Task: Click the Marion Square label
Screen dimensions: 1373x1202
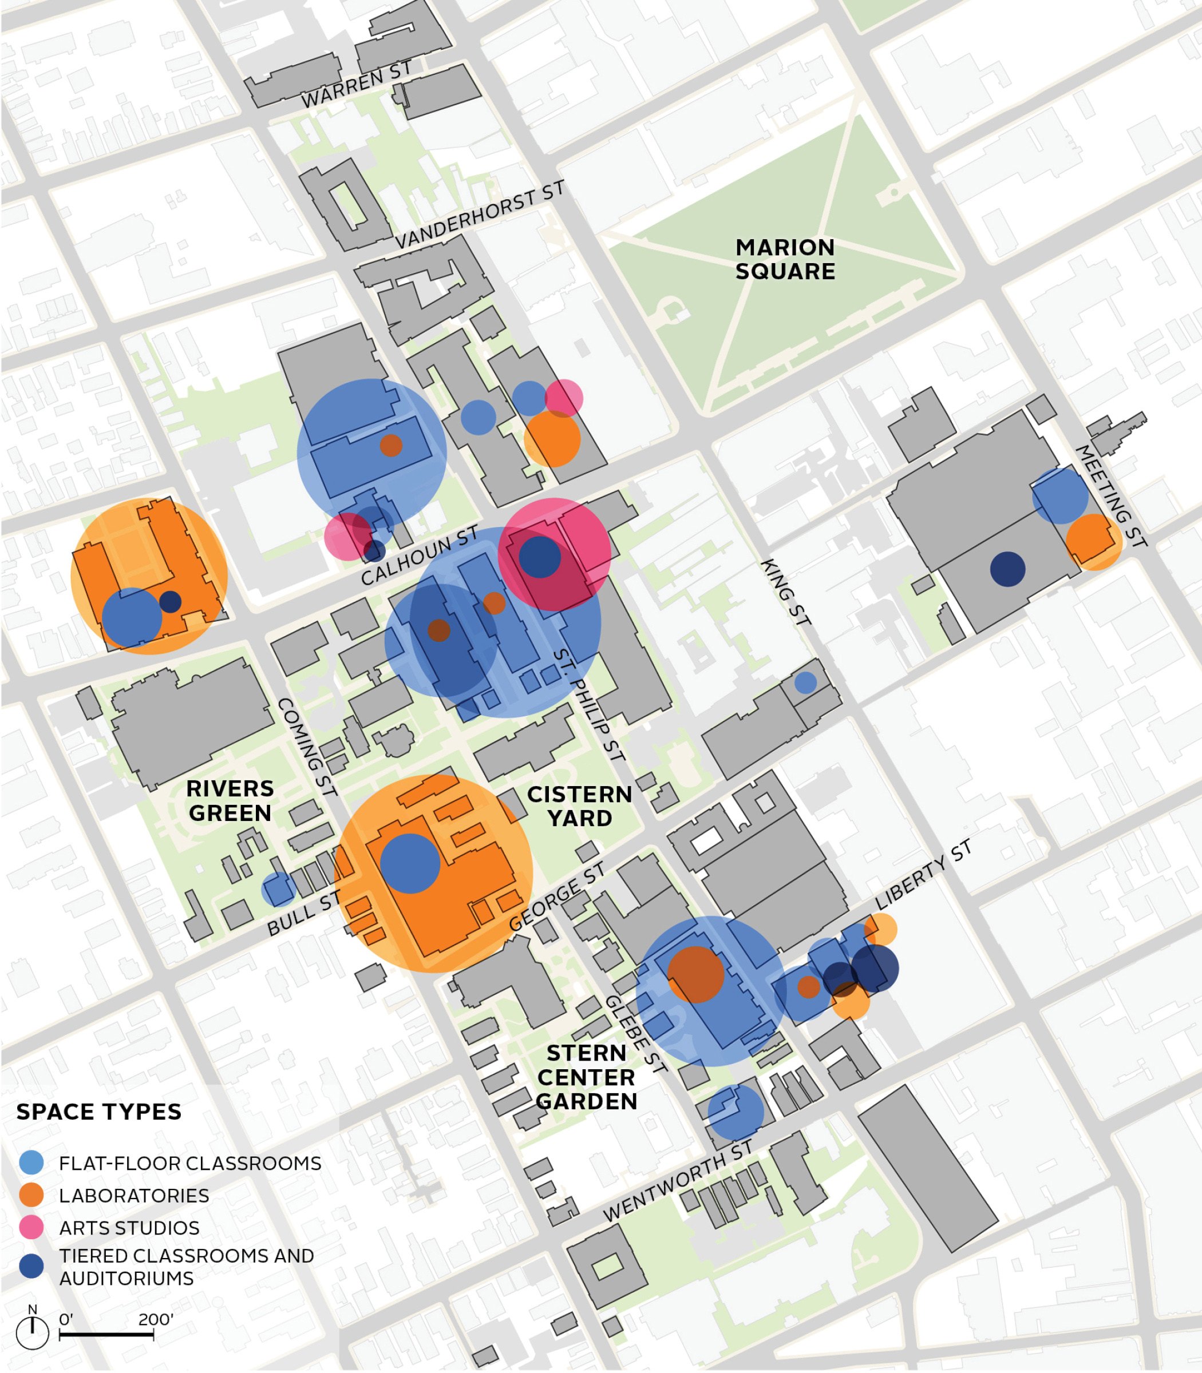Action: (x=785, y=260)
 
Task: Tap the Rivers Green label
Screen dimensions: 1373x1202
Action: (x=230, y=800)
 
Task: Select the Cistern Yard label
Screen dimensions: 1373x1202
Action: (x=579, y=806)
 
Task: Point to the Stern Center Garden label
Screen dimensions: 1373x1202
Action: (x=586, y=1077)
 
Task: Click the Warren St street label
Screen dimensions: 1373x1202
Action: (x=356, y=85)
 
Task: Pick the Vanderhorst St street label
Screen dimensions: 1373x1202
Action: (x=480, y=215)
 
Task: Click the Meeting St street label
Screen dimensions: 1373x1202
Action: (x=1112, y=496)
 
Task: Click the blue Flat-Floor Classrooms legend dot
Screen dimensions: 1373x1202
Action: (x=31, y=1163)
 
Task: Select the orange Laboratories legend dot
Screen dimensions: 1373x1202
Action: (x=31, y=1195)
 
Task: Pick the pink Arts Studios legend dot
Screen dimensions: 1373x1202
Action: (x=31, y=1228)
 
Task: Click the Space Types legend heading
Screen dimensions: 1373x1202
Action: (x=98, y=1112)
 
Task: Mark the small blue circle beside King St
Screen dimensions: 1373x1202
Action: (x=805, y=682)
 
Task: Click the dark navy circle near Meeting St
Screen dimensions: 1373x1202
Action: (x=1007, y=569)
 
